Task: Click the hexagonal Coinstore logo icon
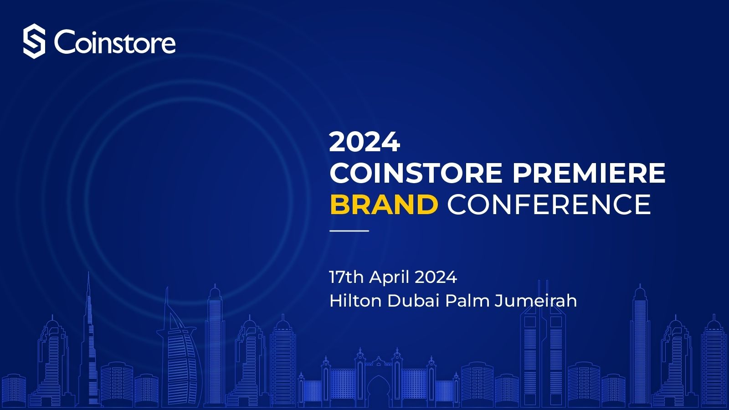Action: [34, 41]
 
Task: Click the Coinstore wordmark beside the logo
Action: [115, 42]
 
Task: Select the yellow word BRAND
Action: [384, 205]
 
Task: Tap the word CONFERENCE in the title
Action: [549, 205]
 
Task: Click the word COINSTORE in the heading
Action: [416, 173]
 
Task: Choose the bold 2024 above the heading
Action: [364, 142]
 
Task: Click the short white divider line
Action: [349, 231]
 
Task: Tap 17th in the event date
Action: [346, 277]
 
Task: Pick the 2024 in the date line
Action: [436, 277]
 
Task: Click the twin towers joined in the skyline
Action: [542, 346]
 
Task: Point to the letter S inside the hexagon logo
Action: [34, 41]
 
